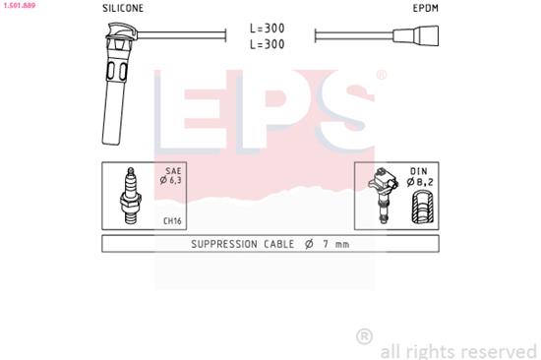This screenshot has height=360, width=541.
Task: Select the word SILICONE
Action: coord(122,7)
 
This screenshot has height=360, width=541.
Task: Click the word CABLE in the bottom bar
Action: coord(281,244)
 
